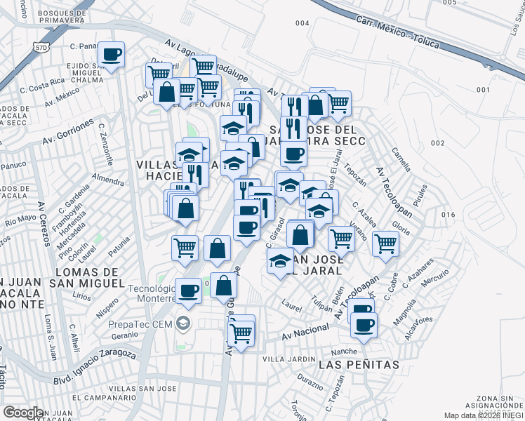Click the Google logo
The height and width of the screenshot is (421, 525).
(x=23, y=413)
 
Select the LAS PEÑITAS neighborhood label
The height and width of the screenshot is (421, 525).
(x=359, y=365)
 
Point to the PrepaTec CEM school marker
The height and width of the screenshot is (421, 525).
(x=184, y=323)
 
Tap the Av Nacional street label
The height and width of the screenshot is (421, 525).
(x=305, y=333)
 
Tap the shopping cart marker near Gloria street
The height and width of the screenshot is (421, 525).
(x=386, y=243)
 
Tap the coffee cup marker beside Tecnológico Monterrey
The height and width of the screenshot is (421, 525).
(x=188, y=290)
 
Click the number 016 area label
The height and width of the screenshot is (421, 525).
(x=449, y=215)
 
